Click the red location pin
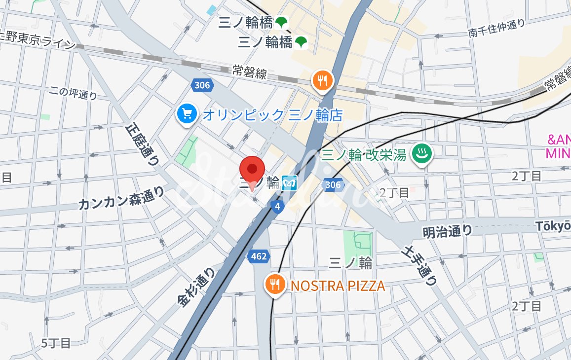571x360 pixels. point(252,171)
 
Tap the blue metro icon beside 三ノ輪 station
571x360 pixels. point(289,183)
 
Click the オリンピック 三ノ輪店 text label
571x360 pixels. point(272,115)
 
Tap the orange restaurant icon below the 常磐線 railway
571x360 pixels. point(323,80)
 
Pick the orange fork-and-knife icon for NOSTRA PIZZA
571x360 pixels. point(275,285)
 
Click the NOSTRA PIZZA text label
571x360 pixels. point(338,286)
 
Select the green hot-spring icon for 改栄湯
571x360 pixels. point(422,154)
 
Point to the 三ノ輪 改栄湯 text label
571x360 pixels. point(364,155)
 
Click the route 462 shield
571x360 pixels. point(258,256)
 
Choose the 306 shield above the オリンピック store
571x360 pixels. point(201,85)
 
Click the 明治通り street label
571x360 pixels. point(447,231)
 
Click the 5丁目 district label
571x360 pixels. point(56,343)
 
